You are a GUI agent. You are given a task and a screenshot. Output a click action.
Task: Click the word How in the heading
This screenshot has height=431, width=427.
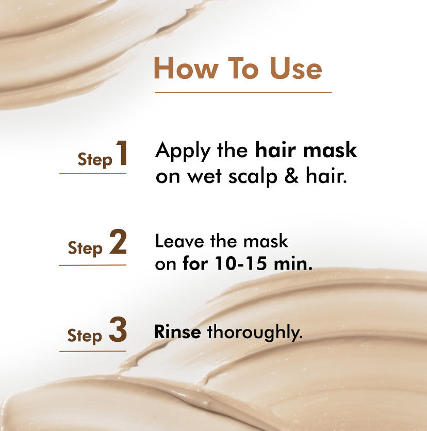pyautogui.click(x=186, y=68)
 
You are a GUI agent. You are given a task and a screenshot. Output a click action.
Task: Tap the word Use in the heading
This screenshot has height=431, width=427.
pyautogui.click(x=295, y=68)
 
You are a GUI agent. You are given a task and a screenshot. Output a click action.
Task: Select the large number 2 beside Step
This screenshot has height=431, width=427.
pyautogui.click(x=118, y=242)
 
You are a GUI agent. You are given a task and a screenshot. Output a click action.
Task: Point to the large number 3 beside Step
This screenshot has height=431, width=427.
pyautogui.click(x=118, y=329)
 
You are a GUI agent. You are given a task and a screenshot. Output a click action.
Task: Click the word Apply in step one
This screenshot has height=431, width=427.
pyautogui.click(x=183, y=152)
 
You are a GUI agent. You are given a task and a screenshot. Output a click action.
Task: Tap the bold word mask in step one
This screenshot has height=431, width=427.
pyautogui.click(x=330, y=150)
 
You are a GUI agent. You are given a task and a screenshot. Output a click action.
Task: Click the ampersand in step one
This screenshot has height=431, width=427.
pyautogui.click(x=291, y=176)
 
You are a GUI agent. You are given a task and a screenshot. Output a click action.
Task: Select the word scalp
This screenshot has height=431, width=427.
pyautogui.click(x=253, y=177)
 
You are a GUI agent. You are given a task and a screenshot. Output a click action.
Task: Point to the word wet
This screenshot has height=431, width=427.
pyautogui.click(x=204, y=176)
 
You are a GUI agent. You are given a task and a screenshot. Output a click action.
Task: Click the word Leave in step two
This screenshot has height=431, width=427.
pyautogui.click(x=179, y=241)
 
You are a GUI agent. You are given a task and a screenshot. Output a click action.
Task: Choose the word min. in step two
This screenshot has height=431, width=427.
pyautogui.click(x=293, y=263)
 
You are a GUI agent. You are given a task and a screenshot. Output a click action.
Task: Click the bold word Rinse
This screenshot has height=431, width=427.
pyautogui.click(x=177, y=332)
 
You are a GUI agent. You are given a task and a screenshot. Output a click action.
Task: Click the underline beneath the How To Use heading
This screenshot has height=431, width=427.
pyautogui.click(x=243, y=92)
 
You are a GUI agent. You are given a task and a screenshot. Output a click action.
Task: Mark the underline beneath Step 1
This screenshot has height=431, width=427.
pyautogui.click(x=93, y=173)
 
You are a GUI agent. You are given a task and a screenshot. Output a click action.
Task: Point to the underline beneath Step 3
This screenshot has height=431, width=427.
pyautogui.click(x=93, y=351)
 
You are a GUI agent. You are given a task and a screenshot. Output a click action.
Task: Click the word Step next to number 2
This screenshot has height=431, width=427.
pyautogui.click(x=85, y=248)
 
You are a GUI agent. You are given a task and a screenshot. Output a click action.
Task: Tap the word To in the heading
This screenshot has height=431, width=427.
pyautogui.click(x=243, y=68)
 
